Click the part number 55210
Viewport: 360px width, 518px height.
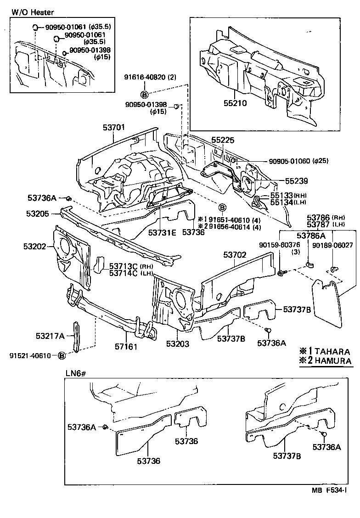pos(236,103)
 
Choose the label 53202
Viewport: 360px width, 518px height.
pos(35,247)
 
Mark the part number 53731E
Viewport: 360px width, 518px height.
pos(162,233)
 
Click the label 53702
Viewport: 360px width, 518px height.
pos(235,255)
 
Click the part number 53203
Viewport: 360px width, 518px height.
pos(178,344)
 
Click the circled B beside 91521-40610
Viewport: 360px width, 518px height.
pos(62,355)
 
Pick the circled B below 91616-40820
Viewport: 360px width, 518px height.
pos(144,95)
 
